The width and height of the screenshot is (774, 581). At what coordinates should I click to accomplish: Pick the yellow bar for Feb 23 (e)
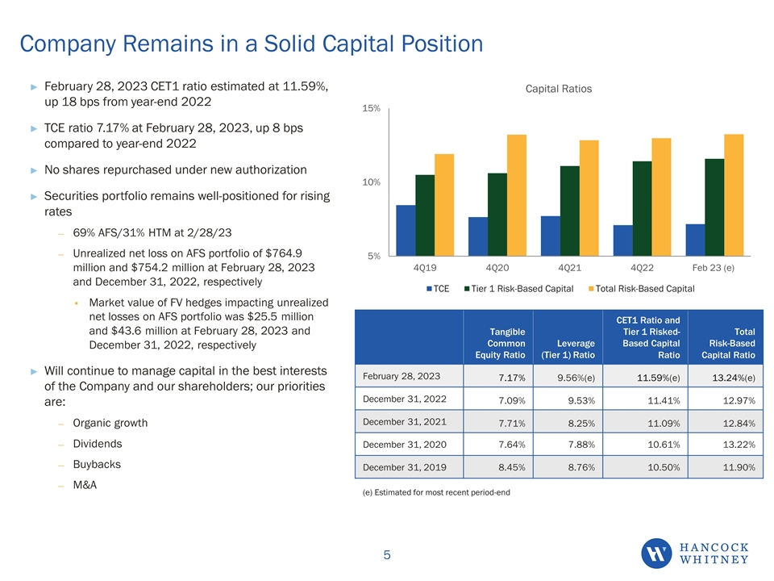[734, 195]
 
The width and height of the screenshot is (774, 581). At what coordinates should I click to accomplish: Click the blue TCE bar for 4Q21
[550, 236]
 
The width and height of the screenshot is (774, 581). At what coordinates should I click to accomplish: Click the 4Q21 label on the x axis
[571, 266]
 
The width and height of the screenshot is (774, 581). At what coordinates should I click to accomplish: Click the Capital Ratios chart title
[558, 89]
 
